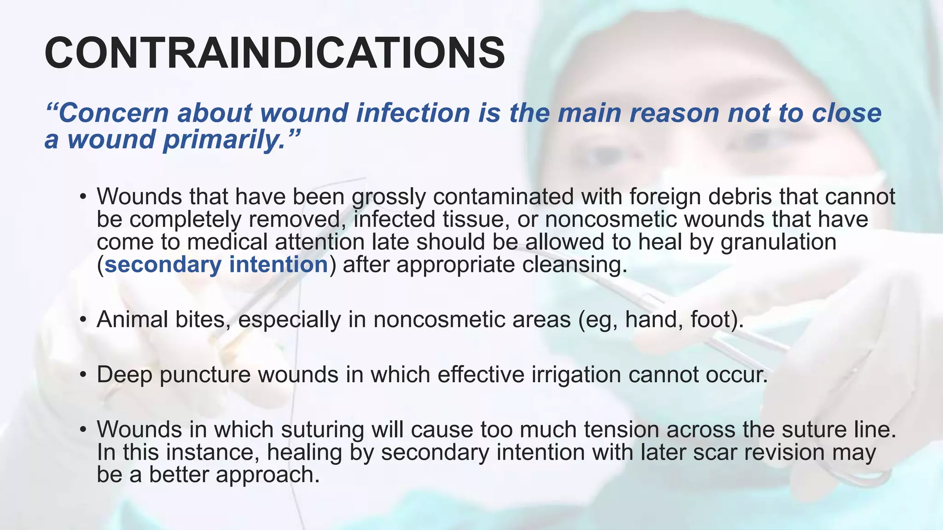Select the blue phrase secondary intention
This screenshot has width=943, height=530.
coord(216,265)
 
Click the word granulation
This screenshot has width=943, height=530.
coord(778,242)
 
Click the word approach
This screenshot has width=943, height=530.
coord(268,475)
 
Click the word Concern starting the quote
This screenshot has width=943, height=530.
coord(113,113)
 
